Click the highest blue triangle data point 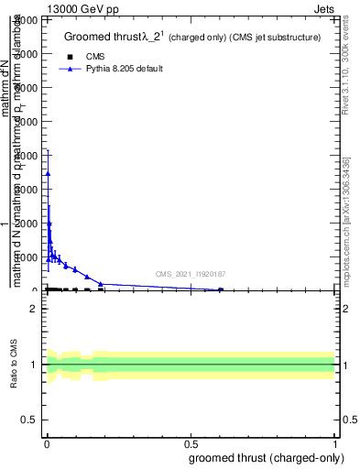[x=48, y=173]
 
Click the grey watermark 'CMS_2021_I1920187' [x=191, y=274]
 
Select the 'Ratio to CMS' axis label [x=15, y=365]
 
